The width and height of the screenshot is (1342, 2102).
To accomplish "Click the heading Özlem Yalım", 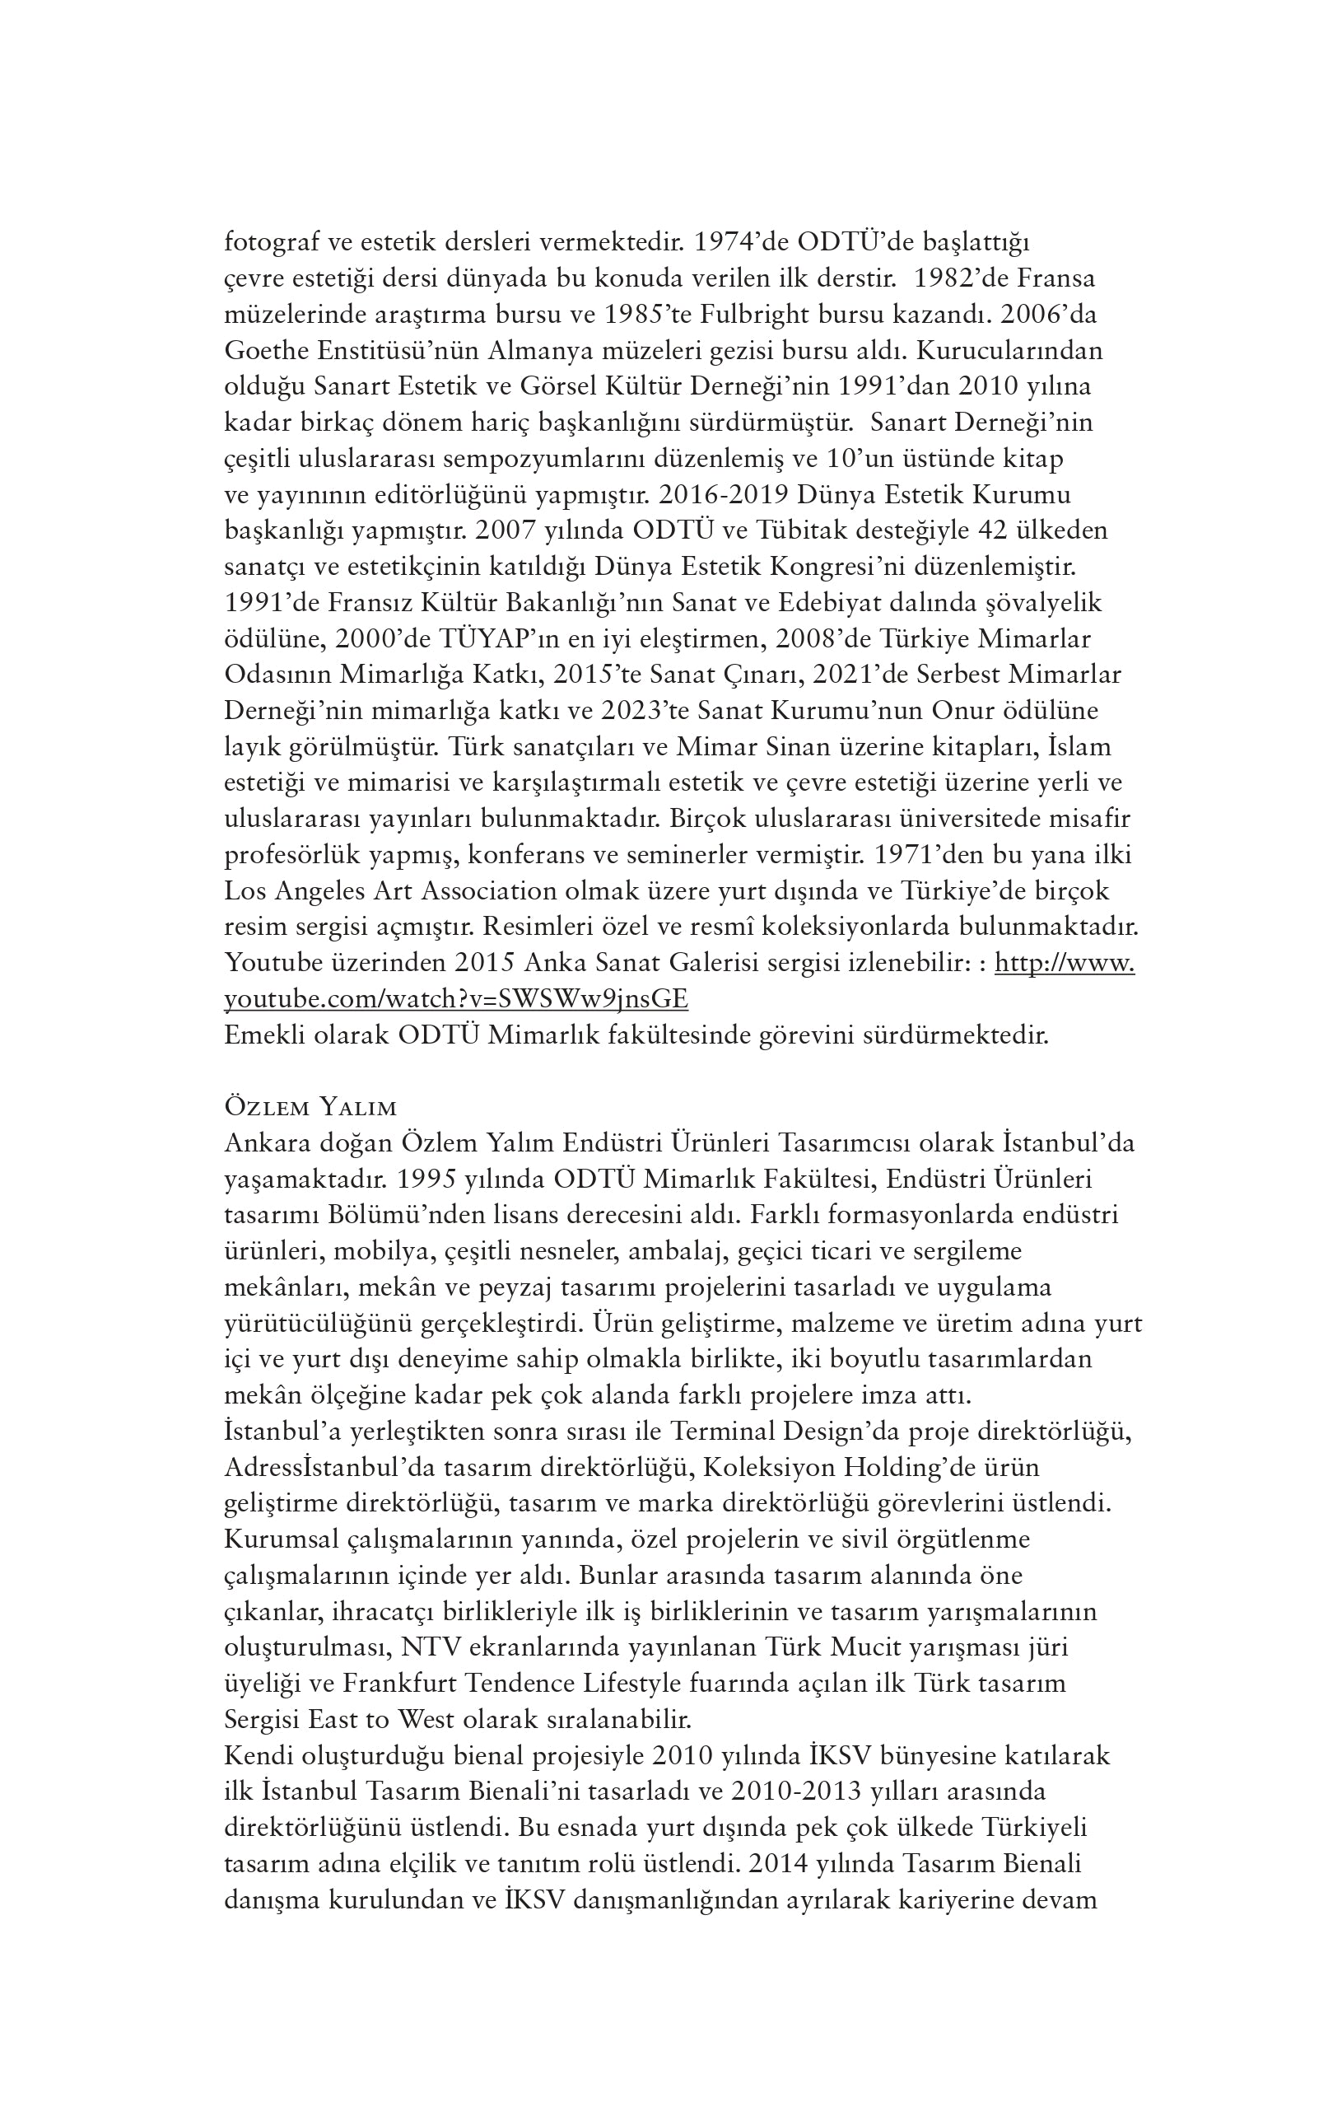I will tap(310, 1108).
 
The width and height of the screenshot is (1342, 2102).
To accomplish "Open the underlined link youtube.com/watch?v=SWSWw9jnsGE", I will tap(455, 998).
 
